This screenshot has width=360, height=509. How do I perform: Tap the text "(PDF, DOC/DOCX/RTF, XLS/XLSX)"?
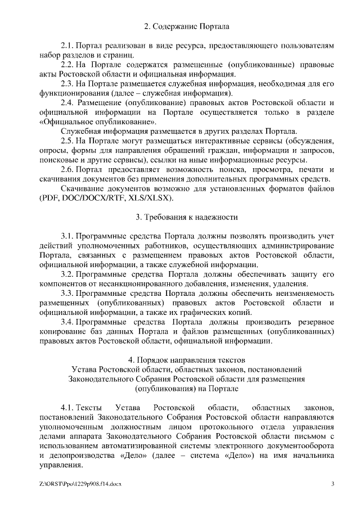click(107, 199)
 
